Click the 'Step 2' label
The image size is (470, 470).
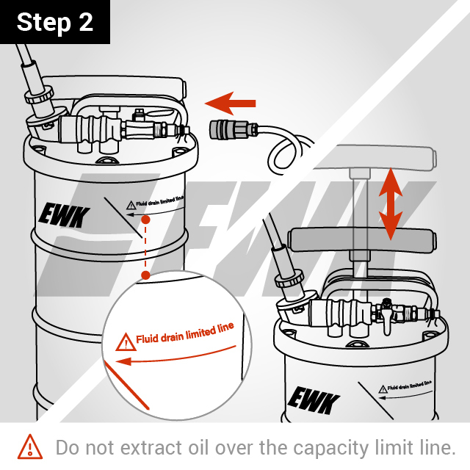pos(55,22)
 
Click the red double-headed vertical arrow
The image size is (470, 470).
pos(390,205)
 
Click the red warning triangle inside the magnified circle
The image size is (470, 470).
pos(124,341)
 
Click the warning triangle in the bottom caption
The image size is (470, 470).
pos(30,446)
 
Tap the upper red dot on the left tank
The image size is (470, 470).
pos(145,220)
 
